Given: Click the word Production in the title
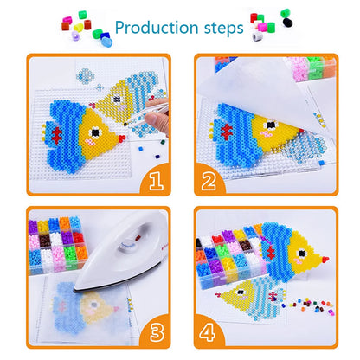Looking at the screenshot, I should (156, 27).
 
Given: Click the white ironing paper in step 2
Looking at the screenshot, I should (260, 95).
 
